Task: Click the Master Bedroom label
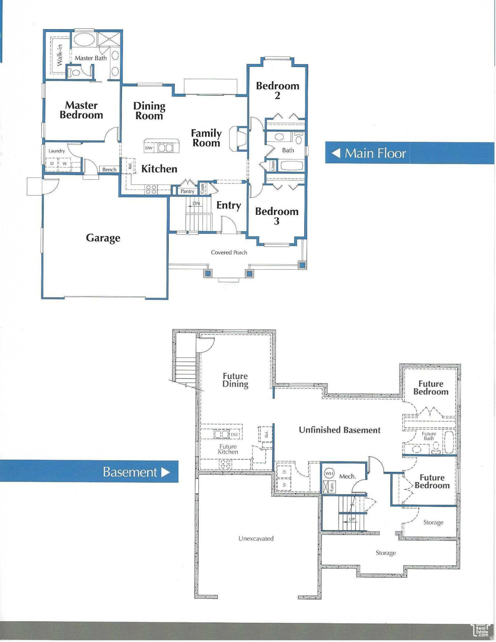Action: pyautogui.click(x=81, y=110)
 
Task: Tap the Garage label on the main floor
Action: pyautogui.click(x=103, y=238)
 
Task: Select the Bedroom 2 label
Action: pyautogui.click(x=277, y=90)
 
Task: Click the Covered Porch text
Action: pyautogui.click(x=229, y=252)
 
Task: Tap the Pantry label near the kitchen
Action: pyautogui.click(x=187, y=191)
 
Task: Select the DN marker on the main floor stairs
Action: pyautogui.click(x=196, y=204)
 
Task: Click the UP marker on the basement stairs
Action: pyautogui.click(x=352, y=519)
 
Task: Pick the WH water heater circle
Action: pyautogui.click(x=329, y=474)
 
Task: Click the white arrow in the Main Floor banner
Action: pyautogui.click(x=336, y=153)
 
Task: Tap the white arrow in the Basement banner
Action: pyautogui.click(x=165, y=472)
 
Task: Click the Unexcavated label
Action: pyautogui.click(x=256, y=538)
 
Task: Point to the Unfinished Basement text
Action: pyautogui.click(x=339, y=430)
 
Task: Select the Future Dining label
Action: pyautogui.click(x=235, y=380)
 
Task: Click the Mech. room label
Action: pyautogui.click(x=347, y=476)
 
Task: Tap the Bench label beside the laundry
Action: pyautogui.click(x=109, y=169)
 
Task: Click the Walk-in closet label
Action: pyautogui.click(x=59, y=55)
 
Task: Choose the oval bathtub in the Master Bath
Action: pyautogui.click(x=84, y=41)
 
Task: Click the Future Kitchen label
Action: pyautogui.click(x=228, y=449)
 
